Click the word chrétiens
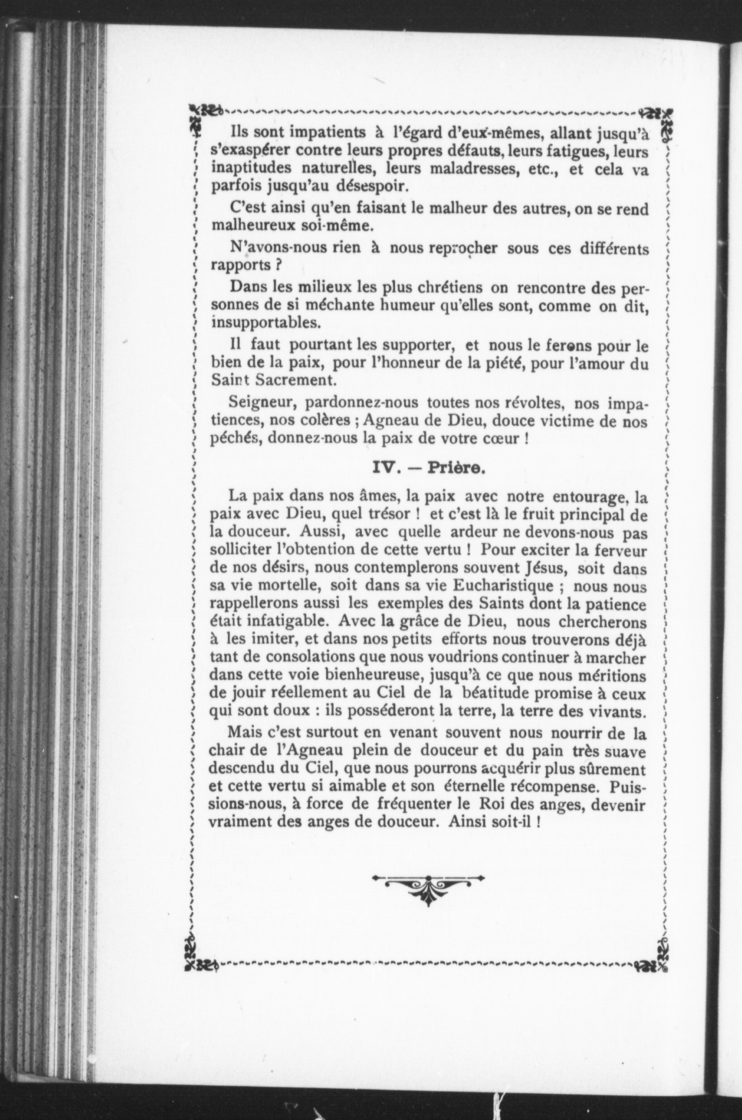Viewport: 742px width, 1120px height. coord(448,287)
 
